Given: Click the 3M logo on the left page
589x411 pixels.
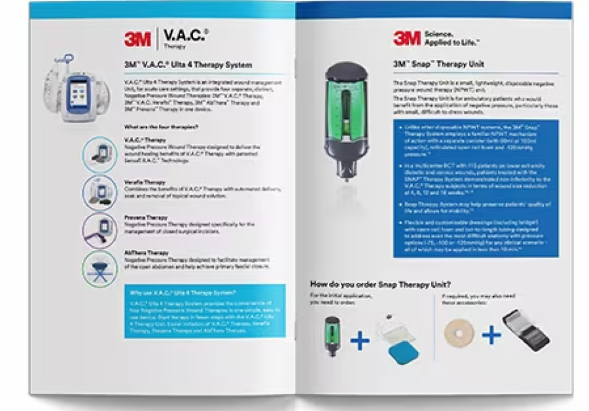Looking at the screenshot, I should [139, 39].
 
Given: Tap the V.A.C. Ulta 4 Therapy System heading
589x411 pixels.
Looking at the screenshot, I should [187, 65].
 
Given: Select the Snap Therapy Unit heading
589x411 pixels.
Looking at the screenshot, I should [438, 64].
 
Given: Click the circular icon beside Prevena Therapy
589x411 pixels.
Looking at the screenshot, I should [100, 230].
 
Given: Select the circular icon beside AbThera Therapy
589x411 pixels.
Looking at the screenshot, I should [100, 267].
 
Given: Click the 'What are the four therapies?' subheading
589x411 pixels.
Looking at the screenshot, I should [160, 127].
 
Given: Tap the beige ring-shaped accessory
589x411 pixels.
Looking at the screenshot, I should [458, 335].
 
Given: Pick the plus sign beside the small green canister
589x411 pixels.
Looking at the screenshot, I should [360, 340].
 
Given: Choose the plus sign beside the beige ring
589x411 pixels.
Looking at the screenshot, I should [492, 335].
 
